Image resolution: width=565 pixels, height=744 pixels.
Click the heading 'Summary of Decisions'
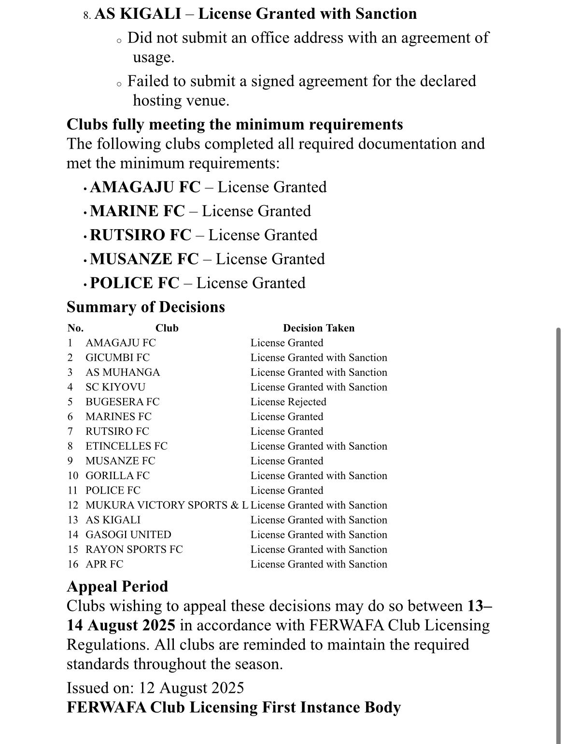[145, 307]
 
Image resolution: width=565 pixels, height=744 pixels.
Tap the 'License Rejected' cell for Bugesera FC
[288, 402]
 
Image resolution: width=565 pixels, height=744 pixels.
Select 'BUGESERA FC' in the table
[122, 402]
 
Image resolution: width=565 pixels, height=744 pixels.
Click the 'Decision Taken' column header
[318, 328]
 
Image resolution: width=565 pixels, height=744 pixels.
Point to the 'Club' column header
[167, 328]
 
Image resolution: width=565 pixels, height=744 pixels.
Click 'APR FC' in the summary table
[104, 564]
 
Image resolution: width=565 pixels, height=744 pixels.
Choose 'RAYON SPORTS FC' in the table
[134, 550]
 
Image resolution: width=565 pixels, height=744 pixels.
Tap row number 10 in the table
[72, 476]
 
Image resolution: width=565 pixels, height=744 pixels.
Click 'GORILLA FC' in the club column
[117, 476]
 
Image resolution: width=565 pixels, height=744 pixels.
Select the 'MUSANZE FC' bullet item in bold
[144, 259]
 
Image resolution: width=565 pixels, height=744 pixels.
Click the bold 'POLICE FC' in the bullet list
[134, 283]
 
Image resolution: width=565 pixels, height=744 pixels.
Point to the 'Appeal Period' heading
[117, 586]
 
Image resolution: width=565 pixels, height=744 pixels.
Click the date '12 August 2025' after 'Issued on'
[191, 688]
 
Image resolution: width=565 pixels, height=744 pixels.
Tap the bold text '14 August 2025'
[121, 625]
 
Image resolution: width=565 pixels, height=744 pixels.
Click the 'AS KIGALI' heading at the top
[138, 14]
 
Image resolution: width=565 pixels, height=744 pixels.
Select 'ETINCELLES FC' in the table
[126, 446]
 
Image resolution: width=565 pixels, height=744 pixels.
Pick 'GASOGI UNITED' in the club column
[128, 535]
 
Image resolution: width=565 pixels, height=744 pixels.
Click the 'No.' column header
[75, 328]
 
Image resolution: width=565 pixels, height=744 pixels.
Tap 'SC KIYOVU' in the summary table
[115, 387]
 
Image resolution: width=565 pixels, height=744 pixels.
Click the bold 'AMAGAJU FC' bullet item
[145, 187]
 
